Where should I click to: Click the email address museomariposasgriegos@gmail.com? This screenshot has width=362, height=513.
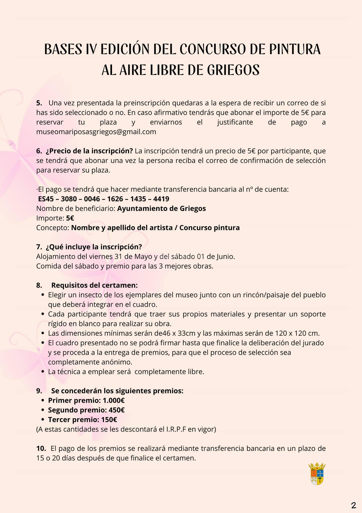pyautogui.click(x=96, y=132)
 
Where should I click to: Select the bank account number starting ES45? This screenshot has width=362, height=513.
pyautogui.click(x=103, y=199)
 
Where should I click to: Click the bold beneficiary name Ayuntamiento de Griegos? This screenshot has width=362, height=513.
pyautogui.click(x=161, y=208)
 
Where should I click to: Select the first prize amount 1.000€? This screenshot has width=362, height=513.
pyautogui.click(x=114, y=401)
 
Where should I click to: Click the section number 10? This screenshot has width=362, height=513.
pyautogui.click(x=41, y=448)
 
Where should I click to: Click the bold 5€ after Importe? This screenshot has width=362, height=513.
pyautogui.click(x=70, y=218)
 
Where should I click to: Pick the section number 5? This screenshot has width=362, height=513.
pyautogui.click(x=39, y=103)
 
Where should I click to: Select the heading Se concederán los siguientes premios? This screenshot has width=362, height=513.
pyautogui.click(x=117, y=391)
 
